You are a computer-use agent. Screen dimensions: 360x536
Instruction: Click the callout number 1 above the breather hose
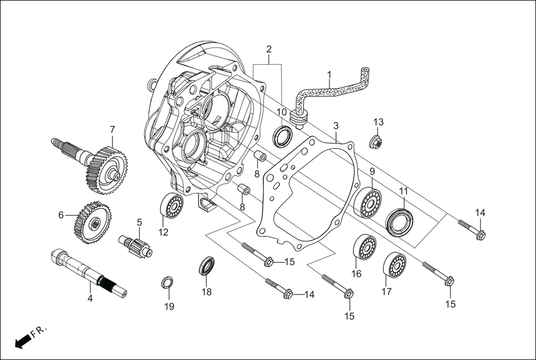tap(329, 74)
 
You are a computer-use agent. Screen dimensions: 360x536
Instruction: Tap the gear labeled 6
tap(92, 222)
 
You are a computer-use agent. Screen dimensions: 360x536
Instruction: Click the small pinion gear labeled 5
tap(136, 246)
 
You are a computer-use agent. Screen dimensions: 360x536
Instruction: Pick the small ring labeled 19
tap(167, 283)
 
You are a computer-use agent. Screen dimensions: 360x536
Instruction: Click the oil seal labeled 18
tap(208, 266)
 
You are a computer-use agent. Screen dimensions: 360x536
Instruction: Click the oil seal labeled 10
tap(283, 136)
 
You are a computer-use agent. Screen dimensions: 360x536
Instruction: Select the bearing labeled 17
tap(395, 265)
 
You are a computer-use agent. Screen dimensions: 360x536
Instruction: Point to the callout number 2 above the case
tap(269, 49)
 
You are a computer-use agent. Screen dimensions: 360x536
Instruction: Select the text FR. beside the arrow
tap(40, 332)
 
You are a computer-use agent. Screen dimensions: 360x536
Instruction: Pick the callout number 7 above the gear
tap(112, 129)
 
